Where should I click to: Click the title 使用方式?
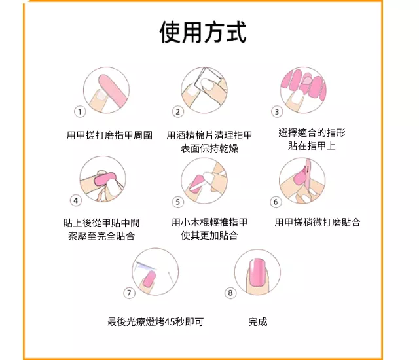pos(203,32)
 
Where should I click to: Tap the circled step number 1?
pos(80,112)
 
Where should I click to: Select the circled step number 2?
pos(178,112)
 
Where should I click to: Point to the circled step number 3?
pos(277,112)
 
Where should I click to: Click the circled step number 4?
pos(76,200)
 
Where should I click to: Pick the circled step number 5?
pos(178,202)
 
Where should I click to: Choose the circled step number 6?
pos(276,202)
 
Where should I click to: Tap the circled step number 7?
pos(129,293)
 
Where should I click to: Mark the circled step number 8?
pos(230,293)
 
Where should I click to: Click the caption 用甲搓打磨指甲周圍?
pos(109,135)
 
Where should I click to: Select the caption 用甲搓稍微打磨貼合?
pos(317,222)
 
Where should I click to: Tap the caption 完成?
pos(257,322)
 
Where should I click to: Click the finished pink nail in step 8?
pos(257,273)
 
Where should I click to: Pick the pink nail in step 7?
pos(149,278)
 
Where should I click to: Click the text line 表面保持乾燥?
pos(209,148)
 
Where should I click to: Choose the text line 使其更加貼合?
pos(209,235)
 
